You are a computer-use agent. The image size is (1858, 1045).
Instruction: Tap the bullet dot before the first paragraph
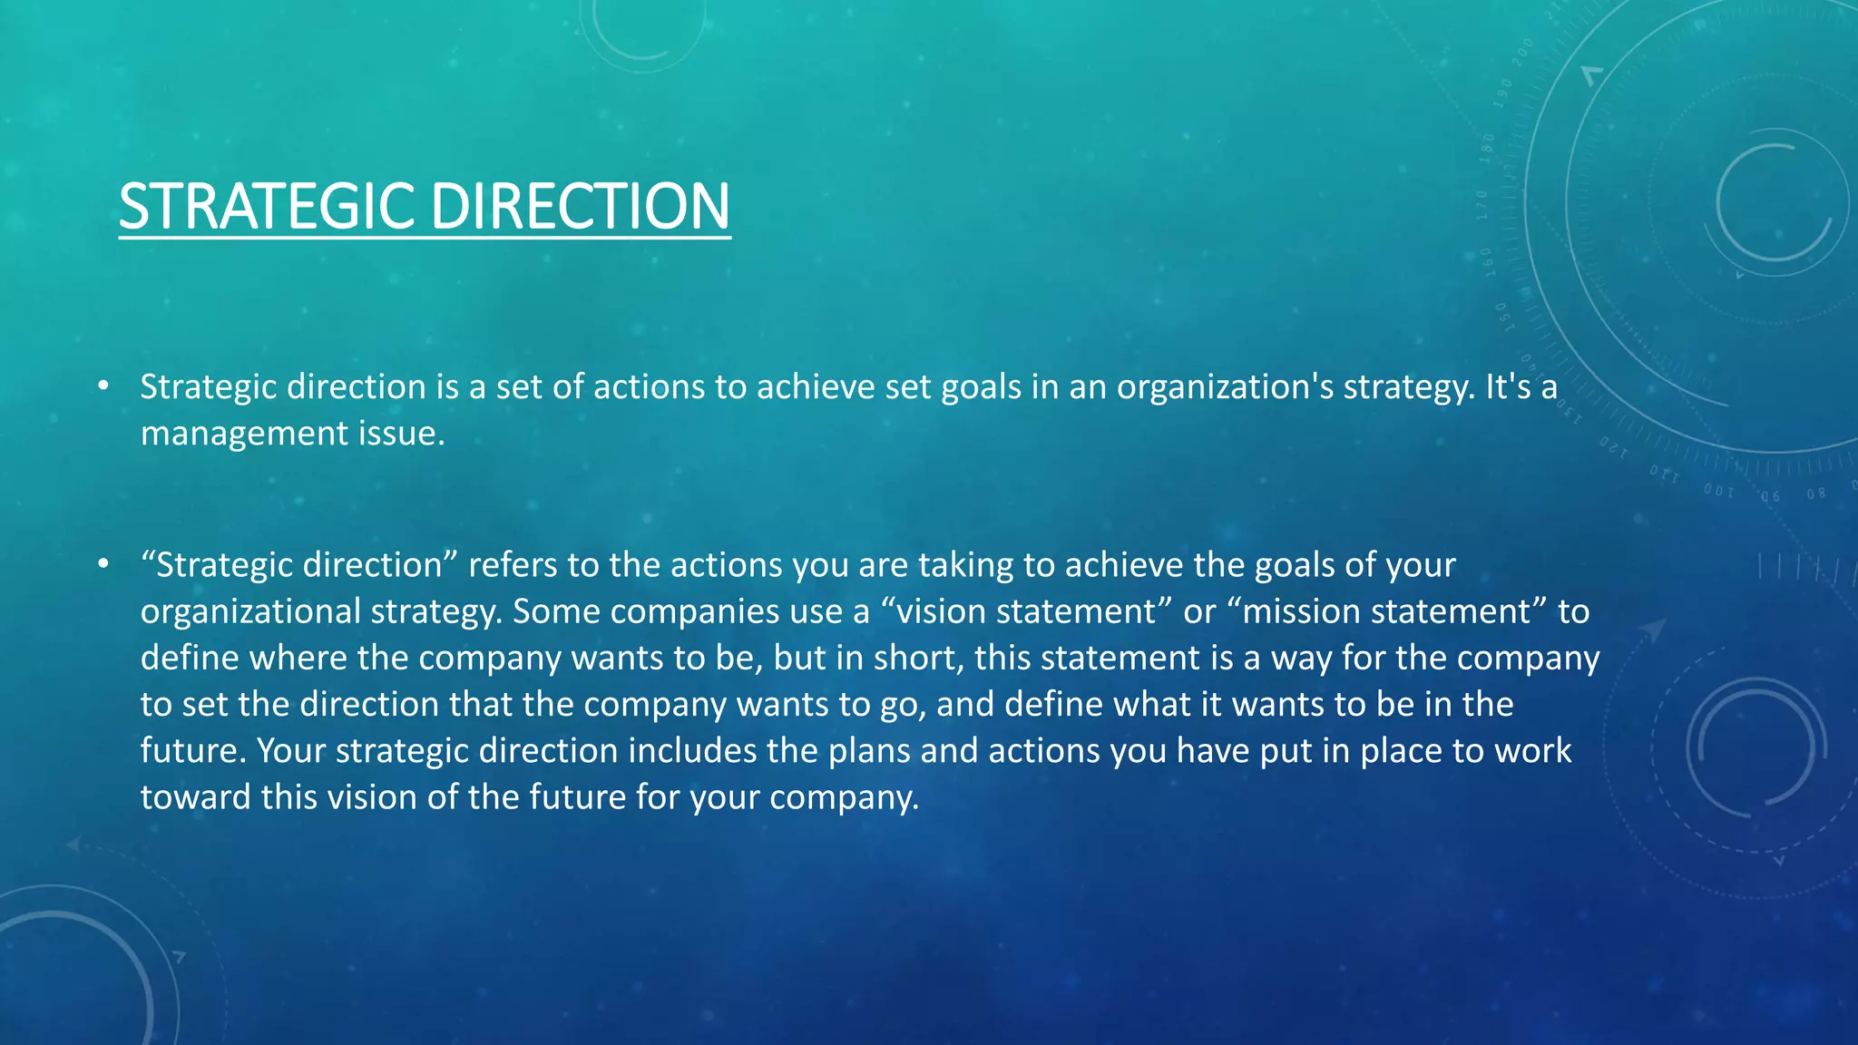coord(104,386)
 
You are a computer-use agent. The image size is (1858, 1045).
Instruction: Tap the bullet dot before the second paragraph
coord(104,564)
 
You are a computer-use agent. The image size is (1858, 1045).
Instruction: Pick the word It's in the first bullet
coord(1508,387)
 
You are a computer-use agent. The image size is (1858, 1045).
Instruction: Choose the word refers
coord(512,565)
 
